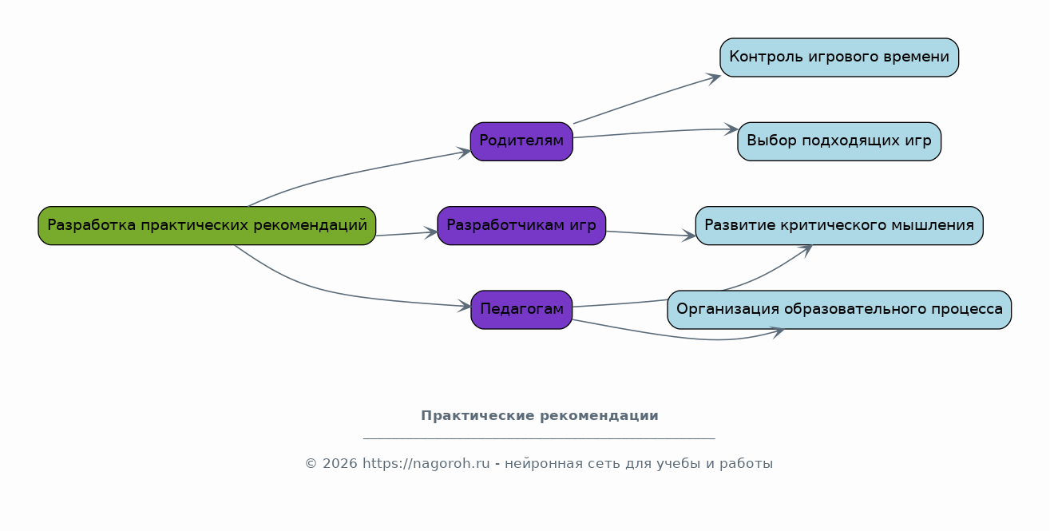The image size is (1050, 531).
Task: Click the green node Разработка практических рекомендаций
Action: click(207, 226)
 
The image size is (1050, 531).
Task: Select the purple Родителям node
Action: click(521, 141)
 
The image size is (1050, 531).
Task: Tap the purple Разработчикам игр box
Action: click(521, 226)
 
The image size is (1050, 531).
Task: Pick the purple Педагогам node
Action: click(521, 310)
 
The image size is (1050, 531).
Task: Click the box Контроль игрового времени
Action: click(838, 57)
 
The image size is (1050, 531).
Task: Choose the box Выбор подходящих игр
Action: click(838, 141)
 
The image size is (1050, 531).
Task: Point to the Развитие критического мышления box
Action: click(838, 226)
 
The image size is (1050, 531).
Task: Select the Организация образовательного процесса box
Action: click(838, 310)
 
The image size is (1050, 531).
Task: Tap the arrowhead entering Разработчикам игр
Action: click(431, 232)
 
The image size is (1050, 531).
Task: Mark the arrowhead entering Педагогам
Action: click(465, 306)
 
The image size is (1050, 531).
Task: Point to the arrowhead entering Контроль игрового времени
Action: click(714, 77)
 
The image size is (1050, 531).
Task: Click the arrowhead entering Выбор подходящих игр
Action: click(731, 129)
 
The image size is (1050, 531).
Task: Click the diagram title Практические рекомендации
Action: click(539, 416)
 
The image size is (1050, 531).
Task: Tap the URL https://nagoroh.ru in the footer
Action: click(426, 464)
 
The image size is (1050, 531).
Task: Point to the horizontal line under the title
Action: click(539, 438)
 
